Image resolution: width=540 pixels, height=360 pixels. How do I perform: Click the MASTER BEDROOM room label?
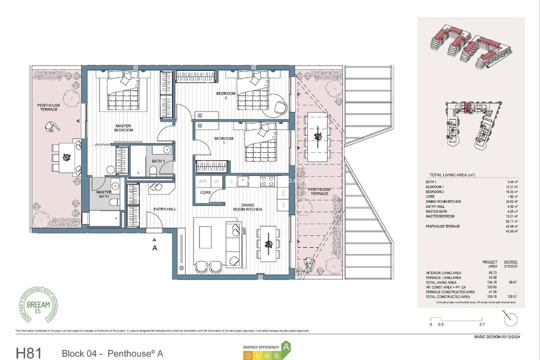click(123, 128)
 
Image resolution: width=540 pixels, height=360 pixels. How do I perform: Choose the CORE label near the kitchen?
click(205, 192)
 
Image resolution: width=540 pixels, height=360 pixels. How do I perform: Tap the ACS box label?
click(202, 181)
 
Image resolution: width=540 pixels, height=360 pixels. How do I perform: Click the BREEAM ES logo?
click(39, 305)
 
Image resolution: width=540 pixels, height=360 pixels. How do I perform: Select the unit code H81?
click(30, 352)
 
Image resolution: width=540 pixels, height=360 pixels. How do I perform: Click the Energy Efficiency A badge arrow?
click(286, 346)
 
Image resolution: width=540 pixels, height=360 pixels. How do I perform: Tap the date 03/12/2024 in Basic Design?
click(509, 336)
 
